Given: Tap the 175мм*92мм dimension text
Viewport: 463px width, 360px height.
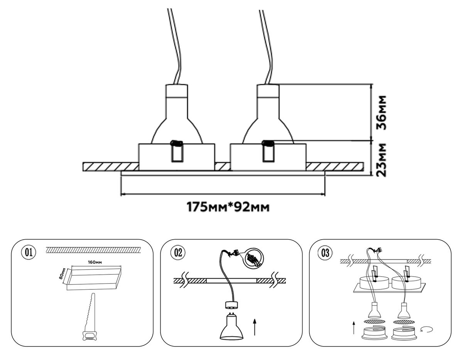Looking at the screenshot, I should (x=228, y=207).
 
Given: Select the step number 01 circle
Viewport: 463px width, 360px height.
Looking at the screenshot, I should (x=28, y=253).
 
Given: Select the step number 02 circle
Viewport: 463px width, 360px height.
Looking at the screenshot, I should (x=177, y=253).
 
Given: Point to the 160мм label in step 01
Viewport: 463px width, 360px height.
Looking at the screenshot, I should (x=95, y=263).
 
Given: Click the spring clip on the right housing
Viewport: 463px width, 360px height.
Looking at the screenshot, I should (x=268, y=152).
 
